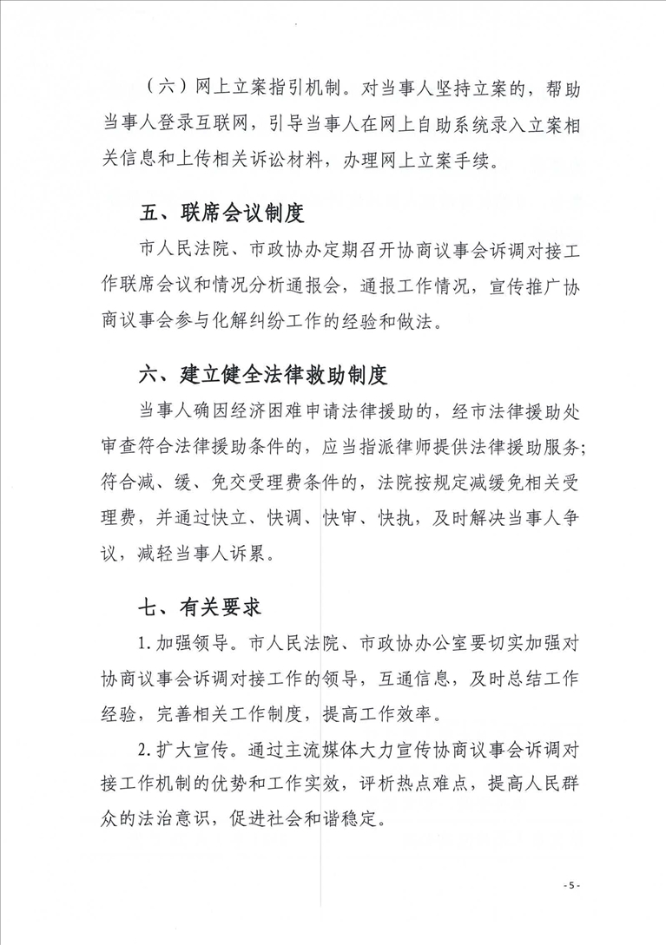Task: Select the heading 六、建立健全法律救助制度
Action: pyautogui.click(x=264, y=375)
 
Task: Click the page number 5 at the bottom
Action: pyautogui.click(x=570, y=884)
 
